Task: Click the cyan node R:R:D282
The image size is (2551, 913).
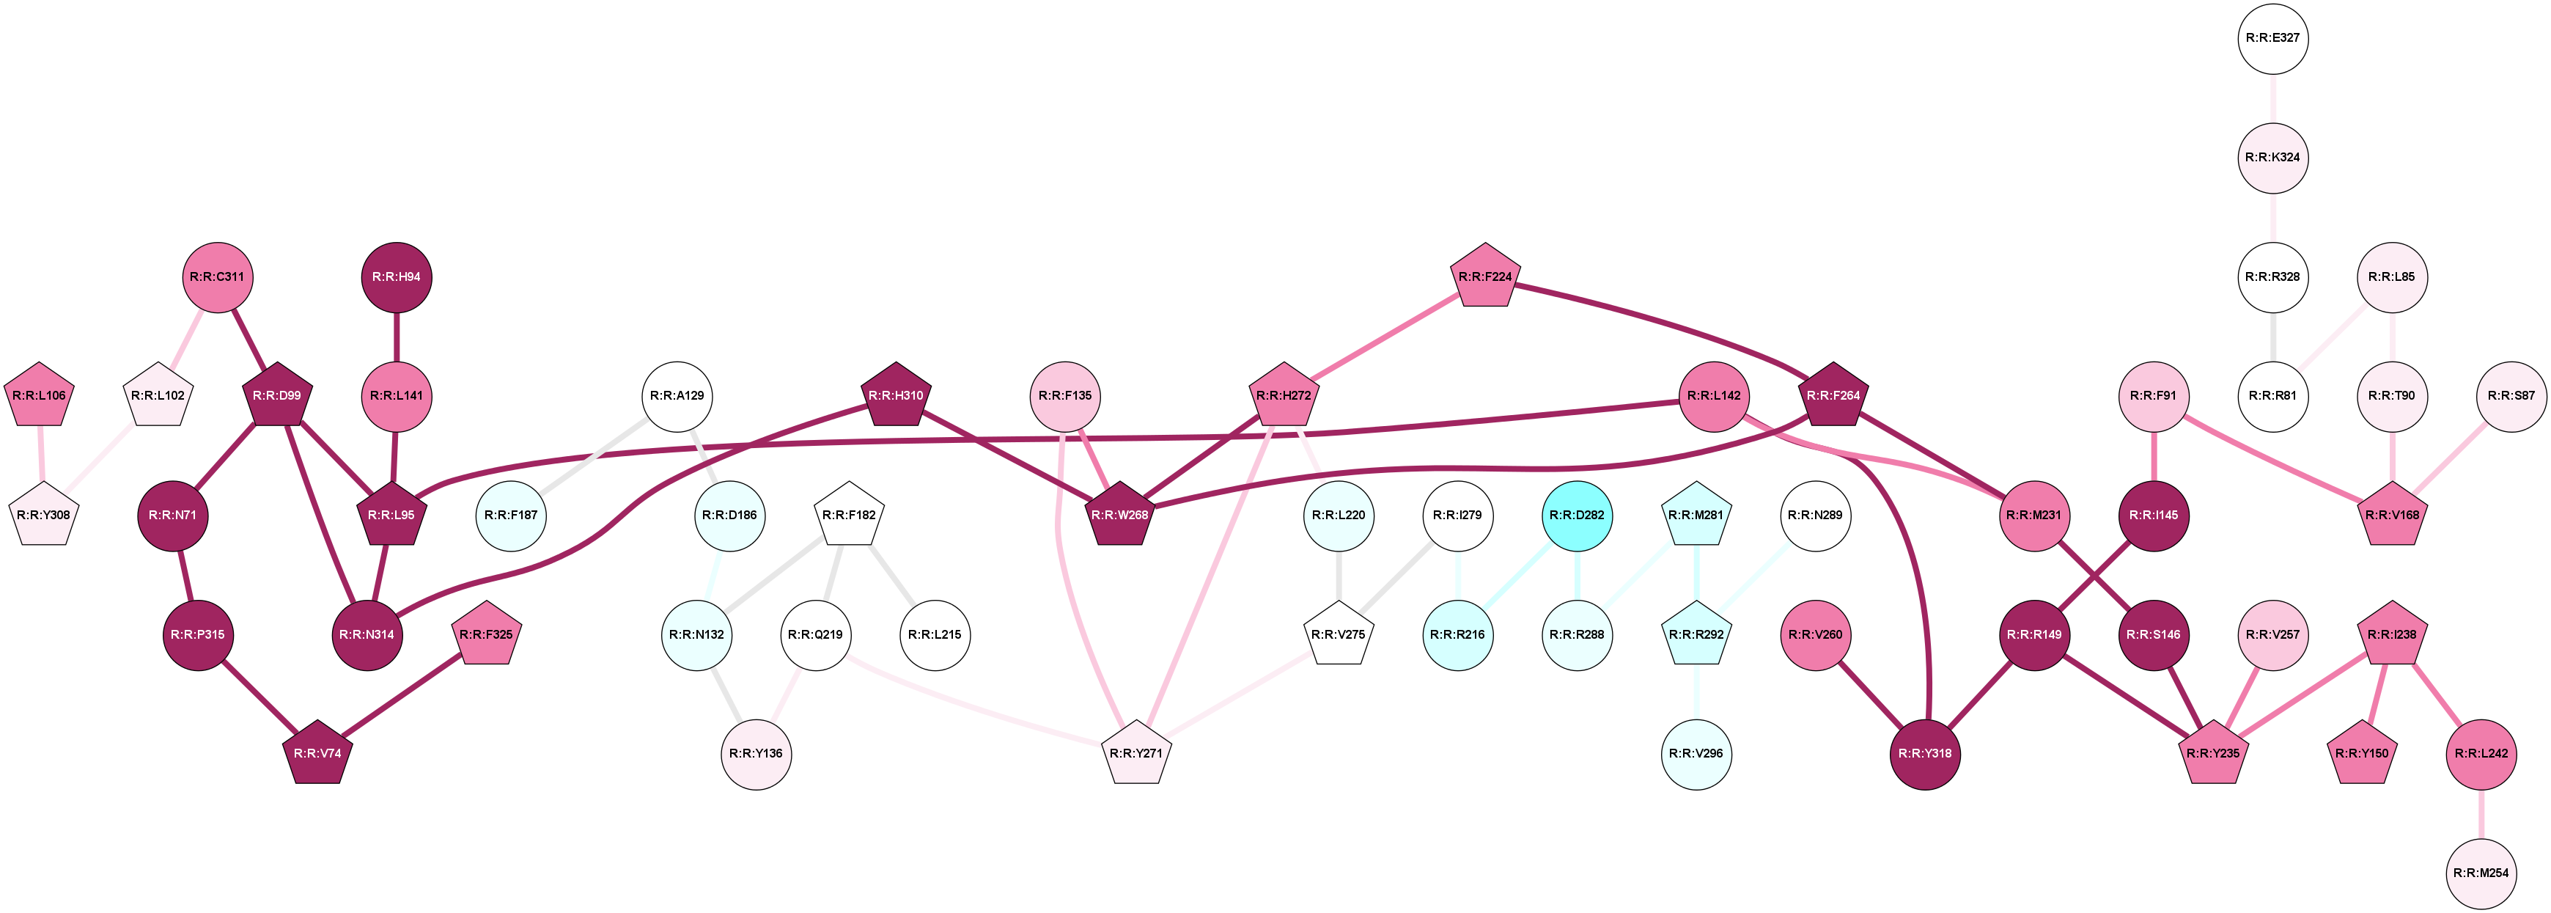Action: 1577,515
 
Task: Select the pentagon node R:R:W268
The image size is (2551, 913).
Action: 1119,515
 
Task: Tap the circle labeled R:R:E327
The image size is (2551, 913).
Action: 2272,37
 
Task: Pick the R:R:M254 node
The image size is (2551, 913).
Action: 2481,873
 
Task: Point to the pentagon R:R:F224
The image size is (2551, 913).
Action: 1485,277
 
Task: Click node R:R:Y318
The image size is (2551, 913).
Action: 1925,754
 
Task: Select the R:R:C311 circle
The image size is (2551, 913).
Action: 217,277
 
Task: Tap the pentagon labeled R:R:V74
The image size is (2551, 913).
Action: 317,754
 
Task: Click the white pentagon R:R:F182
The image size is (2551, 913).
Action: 849,515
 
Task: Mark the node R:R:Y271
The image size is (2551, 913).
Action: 1136,754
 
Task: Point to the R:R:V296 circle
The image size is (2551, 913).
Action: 1696,754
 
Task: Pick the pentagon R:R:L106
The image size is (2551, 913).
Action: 40,396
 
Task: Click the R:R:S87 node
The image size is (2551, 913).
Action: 2511,396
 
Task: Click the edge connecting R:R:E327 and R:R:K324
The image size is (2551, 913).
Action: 2272,97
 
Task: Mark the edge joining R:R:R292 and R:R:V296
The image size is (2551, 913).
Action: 1696,692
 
